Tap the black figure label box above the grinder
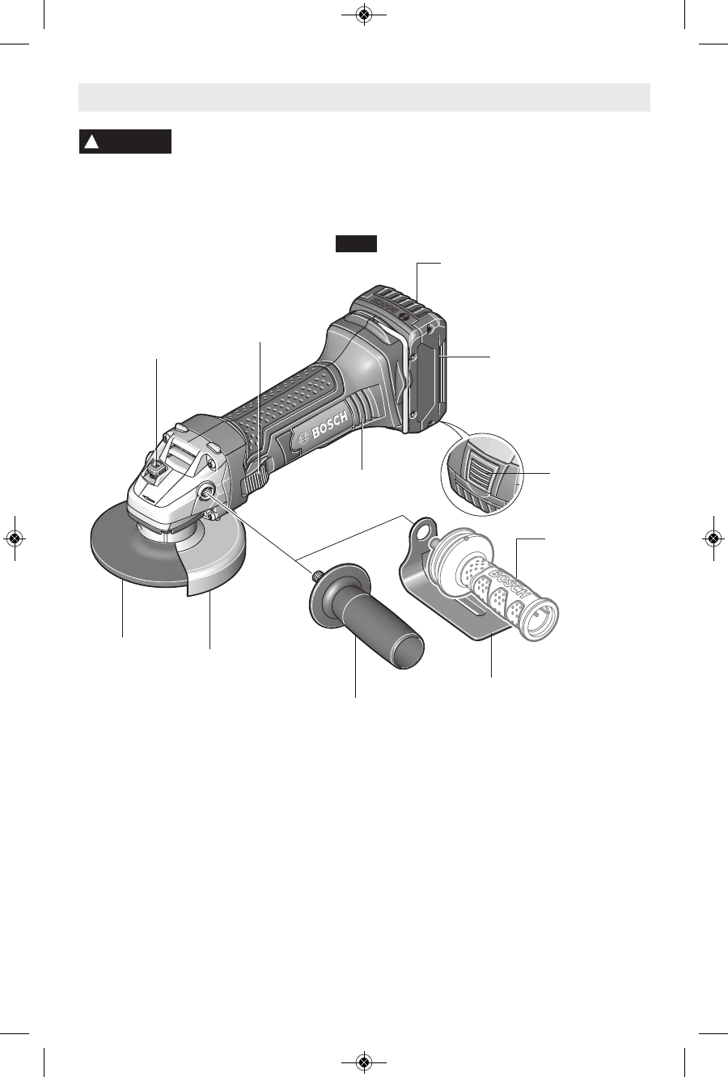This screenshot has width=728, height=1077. [356, 243]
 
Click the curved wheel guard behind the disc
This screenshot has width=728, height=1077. [217, 568]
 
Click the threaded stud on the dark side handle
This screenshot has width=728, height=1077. [319, 573]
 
